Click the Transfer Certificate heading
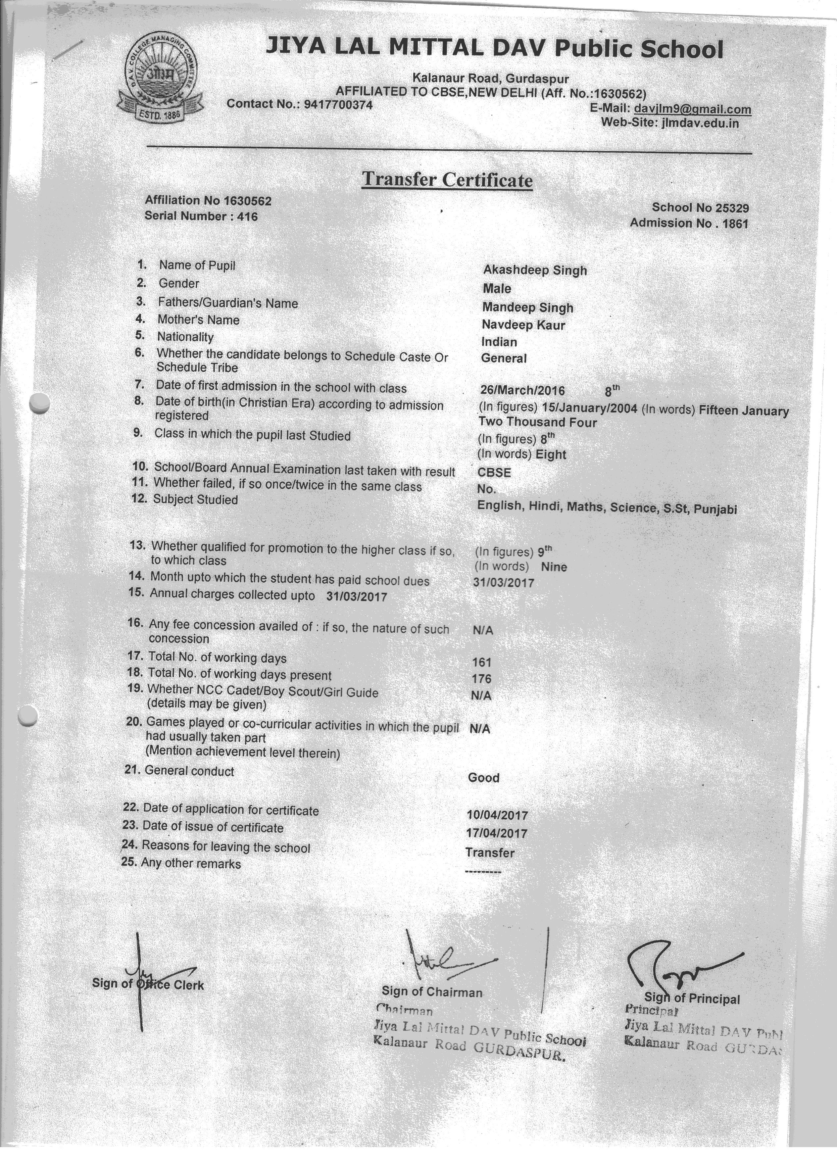click(447, 180)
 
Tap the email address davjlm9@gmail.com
click(692, 109)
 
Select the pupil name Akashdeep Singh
click(535, 270)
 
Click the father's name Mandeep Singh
click(527, 307)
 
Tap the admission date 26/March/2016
click(522, 391)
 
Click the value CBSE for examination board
click(494, 472)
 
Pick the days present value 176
click(482, 679)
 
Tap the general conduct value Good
click(483, 778)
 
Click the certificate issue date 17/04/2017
click(497, 833)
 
